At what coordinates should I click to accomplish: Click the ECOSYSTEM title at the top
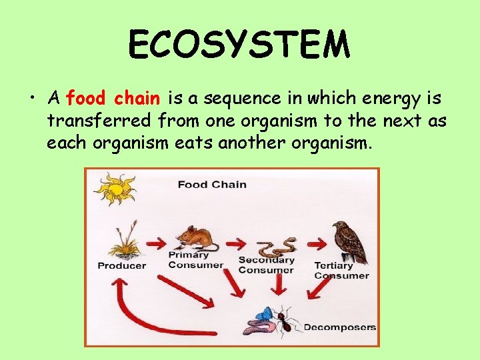click(x=239, y=45)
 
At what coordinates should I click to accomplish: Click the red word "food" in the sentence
click(x=86, y=99)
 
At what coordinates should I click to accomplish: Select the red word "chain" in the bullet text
click(x=137, y=99)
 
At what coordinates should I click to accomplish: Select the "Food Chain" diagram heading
click(x=212, y=185)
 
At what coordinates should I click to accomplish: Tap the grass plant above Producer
click(x=123, y=241)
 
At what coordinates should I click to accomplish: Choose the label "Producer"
click(x=121, y=266)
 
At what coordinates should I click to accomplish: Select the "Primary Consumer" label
click(x=195, y=260)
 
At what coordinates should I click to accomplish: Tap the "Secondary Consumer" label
click(x=266, y=265)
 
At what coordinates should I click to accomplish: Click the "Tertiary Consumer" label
click(x=342, y=271)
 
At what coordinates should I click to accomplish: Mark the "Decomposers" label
click(x=339, y=327)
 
